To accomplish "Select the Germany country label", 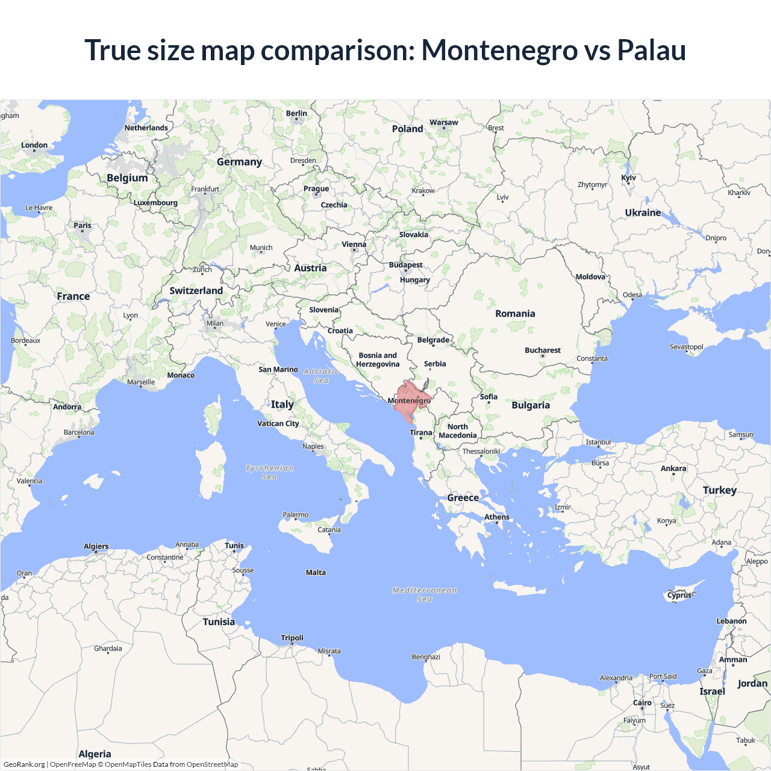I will tap(239, 162).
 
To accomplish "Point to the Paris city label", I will tap(83, 225).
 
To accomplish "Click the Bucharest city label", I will tap(542, 350).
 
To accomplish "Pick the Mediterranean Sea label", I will tap(425, 595).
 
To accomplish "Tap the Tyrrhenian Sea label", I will tap(270, 472).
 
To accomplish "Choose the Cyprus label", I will tap(679, 595).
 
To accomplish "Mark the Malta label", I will tap(316, 572).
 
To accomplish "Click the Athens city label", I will tap(497, 517).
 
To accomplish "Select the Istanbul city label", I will tap(598, 442).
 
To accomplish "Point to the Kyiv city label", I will tap(628, 178).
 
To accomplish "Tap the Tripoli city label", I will tap(292, 638).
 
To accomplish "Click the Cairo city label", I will tap(642, 702).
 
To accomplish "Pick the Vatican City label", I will tap(278, 423).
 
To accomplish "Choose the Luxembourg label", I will tap(155, 202).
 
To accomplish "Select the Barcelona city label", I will tap(79, 432).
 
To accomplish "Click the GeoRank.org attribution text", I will tap(24, 764).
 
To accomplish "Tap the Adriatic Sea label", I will tap(321, 376).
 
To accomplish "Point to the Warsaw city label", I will tap(444, 122).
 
